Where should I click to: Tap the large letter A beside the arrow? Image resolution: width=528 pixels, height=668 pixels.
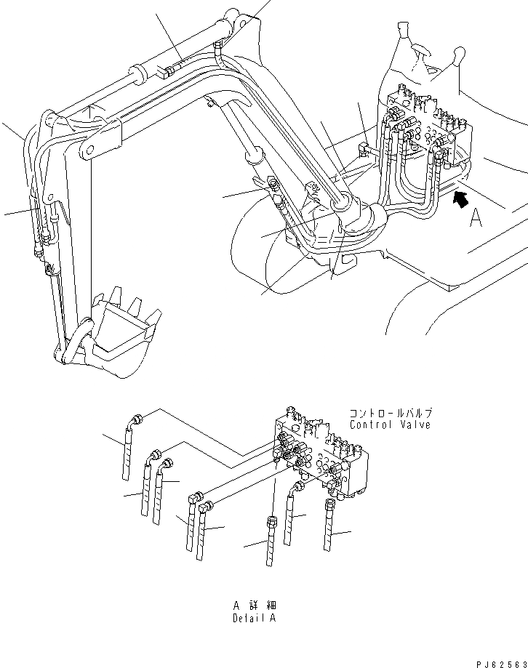click(476, 217)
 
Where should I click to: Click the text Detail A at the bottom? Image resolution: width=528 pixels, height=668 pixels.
click(254, 618)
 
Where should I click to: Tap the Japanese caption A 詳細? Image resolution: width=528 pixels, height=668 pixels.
click(254, 605)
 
